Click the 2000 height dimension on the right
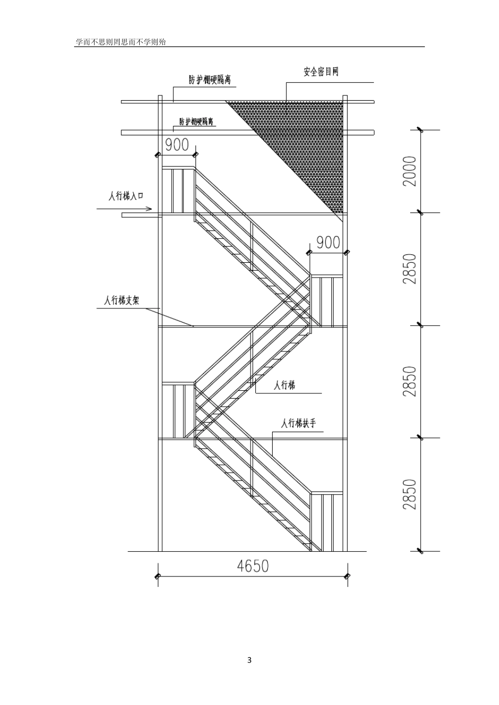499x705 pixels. (410, 171)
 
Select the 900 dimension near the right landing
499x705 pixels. (328, 243)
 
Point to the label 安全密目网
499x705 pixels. (321, 72)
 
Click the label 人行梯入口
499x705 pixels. (126, 196)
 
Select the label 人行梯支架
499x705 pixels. (122, 301)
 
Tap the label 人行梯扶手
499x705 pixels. (298, 423)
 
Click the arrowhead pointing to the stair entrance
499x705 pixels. (149, 209)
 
